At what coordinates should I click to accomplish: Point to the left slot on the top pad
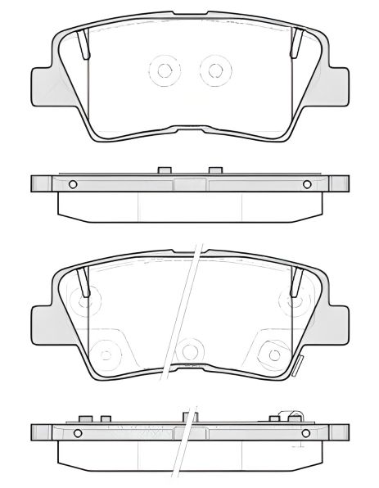[82, 43]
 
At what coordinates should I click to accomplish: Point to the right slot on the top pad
[298, 43]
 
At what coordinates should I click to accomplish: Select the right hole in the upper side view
[308, 183]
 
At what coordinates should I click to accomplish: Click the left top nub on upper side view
[163, 170]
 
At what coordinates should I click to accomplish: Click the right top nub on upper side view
[215, 170]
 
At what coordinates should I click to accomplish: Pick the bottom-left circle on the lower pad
[105, 353]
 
